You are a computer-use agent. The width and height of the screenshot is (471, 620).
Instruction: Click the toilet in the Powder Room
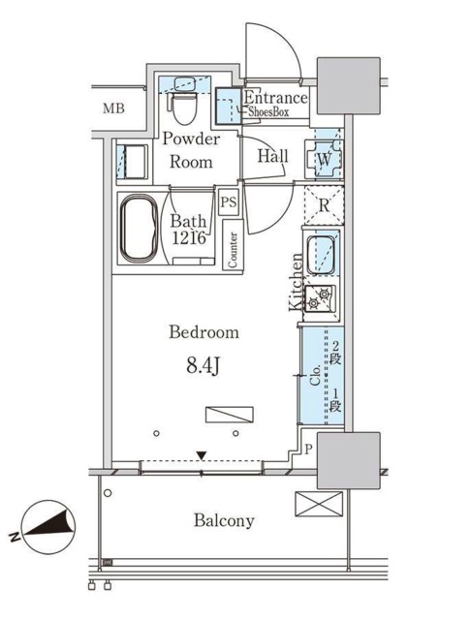(x=184, y=107)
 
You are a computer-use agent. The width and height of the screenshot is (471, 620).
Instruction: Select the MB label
(x=113, y=108)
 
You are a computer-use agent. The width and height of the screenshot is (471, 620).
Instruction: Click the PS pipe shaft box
(x=229, y=202)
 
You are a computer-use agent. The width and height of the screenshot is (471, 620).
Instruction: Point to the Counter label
(x=233, y=250)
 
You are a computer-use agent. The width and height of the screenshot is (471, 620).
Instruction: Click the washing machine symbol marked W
(x=325, y=159)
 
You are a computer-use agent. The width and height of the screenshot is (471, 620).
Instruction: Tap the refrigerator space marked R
(x=324, y=205)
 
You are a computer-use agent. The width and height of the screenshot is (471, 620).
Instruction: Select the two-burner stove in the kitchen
(x=320, y=298)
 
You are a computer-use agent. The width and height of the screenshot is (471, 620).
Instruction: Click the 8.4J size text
(x=203, y=366)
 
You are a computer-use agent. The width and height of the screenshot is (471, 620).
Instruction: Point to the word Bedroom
(x=204, y=331)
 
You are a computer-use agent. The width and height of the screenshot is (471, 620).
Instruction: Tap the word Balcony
(x=224, y=520)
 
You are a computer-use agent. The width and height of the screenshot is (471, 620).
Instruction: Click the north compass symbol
(x=47, y=527)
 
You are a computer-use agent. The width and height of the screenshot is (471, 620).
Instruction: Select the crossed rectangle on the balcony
(x=319, y=504)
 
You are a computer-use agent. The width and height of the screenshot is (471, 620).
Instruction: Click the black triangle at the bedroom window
(x=202, y=456)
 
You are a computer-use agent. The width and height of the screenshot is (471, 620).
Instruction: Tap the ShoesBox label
(x=268, y=112)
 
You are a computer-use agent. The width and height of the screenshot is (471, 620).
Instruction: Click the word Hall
(x=273, y=156)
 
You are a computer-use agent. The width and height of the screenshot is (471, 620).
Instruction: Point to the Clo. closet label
(x=315, y=375)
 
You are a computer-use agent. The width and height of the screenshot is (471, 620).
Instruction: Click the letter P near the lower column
(x=309, y=449)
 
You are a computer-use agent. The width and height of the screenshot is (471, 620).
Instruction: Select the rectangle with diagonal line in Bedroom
(x=230, y=415)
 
